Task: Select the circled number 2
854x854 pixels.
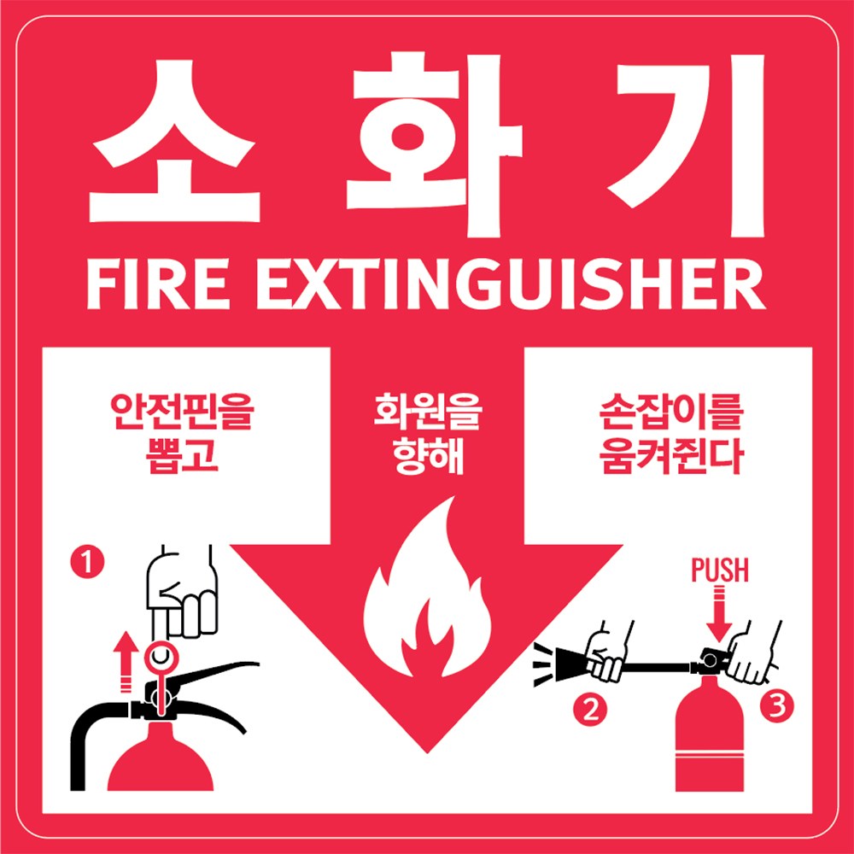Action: click(589, 709)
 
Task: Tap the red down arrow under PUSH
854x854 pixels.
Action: click(719, 619)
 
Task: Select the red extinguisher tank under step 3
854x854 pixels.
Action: click(711, 743)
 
